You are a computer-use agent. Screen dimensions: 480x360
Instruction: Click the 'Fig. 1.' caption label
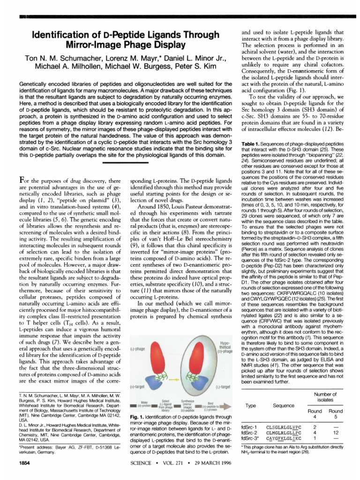(x=137, y=416)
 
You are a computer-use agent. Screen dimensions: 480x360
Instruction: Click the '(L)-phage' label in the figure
(x=135, y=348)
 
